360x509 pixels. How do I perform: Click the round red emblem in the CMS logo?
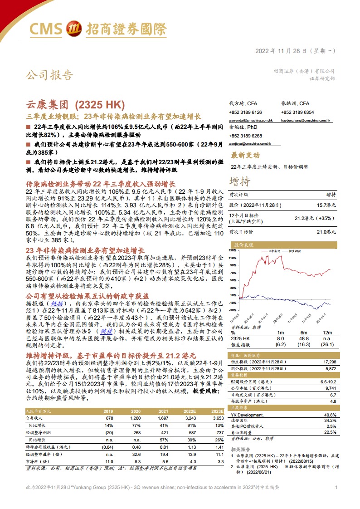pyautogui.click(x=73, y=29)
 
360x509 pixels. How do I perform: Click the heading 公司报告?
pyautogui.click(x=49, y=74)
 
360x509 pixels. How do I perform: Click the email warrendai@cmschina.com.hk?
pyautogui.click(x=251, y=121)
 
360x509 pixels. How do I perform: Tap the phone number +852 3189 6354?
pyautogui.click(x=297, y=112)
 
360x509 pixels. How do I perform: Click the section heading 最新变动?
pyautogui.click(x=245, y=155)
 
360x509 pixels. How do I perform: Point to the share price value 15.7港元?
pyautogui.click(x=327, y=205)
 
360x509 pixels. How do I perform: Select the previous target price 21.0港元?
pyautogui.click(x=327, y=231)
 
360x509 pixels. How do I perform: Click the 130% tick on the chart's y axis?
pyautogui.click(x=232, y=250)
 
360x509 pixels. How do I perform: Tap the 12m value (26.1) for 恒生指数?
pyautogui.click(x=327, y=345)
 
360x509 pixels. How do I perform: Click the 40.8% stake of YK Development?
pyautogui.click(x=330, y=415)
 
